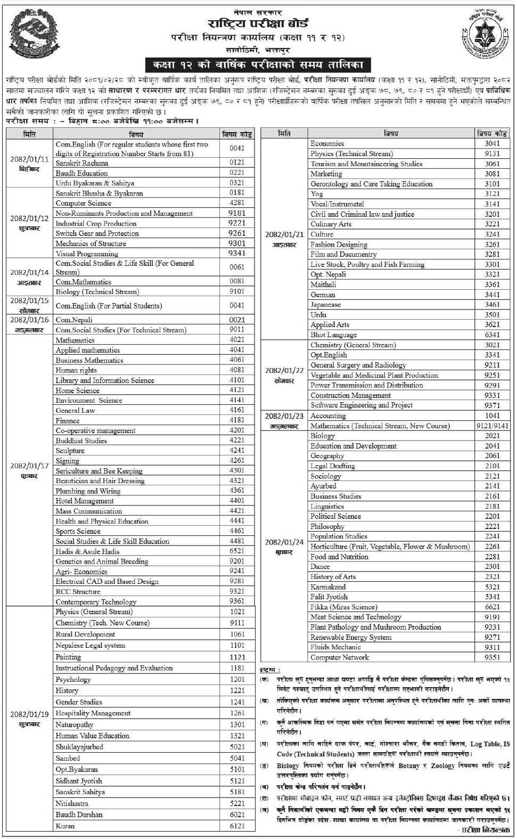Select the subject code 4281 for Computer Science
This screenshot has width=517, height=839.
point(237,203)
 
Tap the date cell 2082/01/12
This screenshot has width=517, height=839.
point(29,218)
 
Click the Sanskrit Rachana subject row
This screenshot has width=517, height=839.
point(82,163)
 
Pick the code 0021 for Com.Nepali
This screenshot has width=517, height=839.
point(237,320)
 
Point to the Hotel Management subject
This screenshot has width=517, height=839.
point(85,501)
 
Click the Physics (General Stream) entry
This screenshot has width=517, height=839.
point(94,612)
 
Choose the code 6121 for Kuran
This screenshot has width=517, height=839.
point(237,826)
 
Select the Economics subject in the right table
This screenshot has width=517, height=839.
point(327,143)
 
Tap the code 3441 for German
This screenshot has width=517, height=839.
point(492,295)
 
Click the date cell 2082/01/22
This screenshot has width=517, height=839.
point(284,370)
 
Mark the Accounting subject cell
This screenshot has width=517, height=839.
point(328,416)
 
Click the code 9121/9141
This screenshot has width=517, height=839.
point(492,426)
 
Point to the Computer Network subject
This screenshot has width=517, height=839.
point(340,657)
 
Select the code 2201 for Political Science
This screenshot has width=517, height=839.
point(492,516)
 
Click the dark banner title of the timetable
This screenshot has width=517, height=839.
point(258,65)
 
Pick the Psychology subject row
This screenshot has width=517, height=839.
point(73,680)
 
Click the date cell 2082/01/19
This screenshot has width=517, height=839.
point(29,714)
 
